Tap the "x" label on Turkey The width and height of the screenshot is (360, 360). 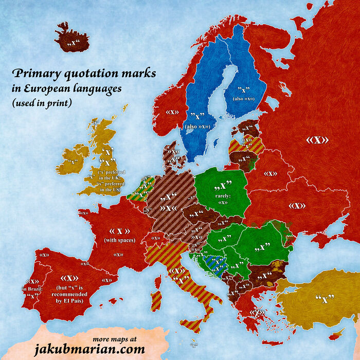tap(325, 299)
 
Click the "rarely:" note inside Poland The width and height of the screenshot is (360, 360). tap(222, 195)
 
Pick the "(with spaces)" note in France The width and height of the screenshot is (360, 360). tap(119, 240)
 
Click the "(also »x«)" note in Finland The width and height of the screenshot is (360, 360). tap(246, 98)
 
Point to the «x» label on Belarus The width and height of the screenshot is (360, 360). tap(271, 174)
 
